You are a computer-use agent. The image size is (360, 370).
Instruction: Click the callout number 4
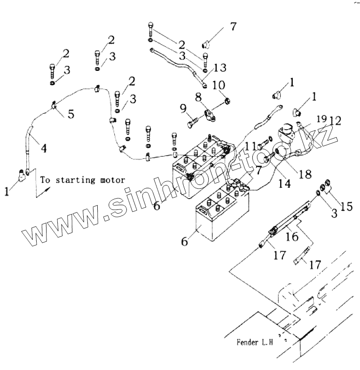pos(43,149)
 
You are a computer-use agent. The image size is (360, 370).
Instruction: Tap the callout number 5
pos(70,114)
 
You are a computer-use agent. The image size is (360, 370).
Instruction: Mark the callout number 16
pos(292,237)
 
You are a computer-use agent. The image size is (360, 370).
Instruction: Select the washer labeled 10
pos(227,100)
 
